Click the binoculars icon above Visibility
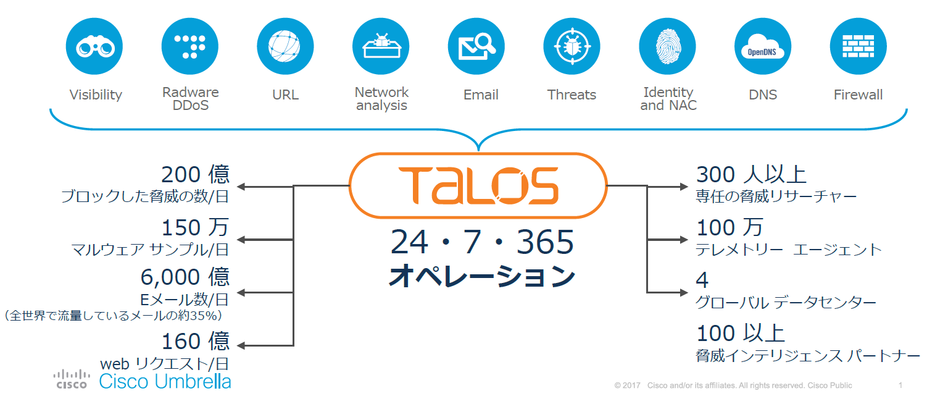[x=94, y=46]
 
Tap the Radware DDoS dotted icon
[x=190, y=46]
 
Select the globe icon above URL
[x=285, y=46]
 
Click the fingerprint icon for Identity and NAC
[x=667, y=46]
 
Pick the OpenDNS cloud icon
[x=763, y=46]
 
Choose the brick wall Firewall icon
[x=858, y=46]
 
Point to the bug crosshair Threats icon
[x=572, y=46]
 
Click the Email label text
[x=481, y=95]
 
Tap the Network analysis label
[x=381, y=99]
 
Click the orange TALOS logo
[x=478, y=185]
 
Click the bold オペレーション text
[x=481, y=276]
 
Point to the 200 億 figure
[x=195, y=175]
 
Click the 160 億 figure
[x=195, y=341]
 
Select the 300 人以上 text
[x=751, y=175]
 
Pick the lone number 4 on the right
[x=702, y=280]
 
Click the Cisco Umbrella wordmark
[x=165, y=381]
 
